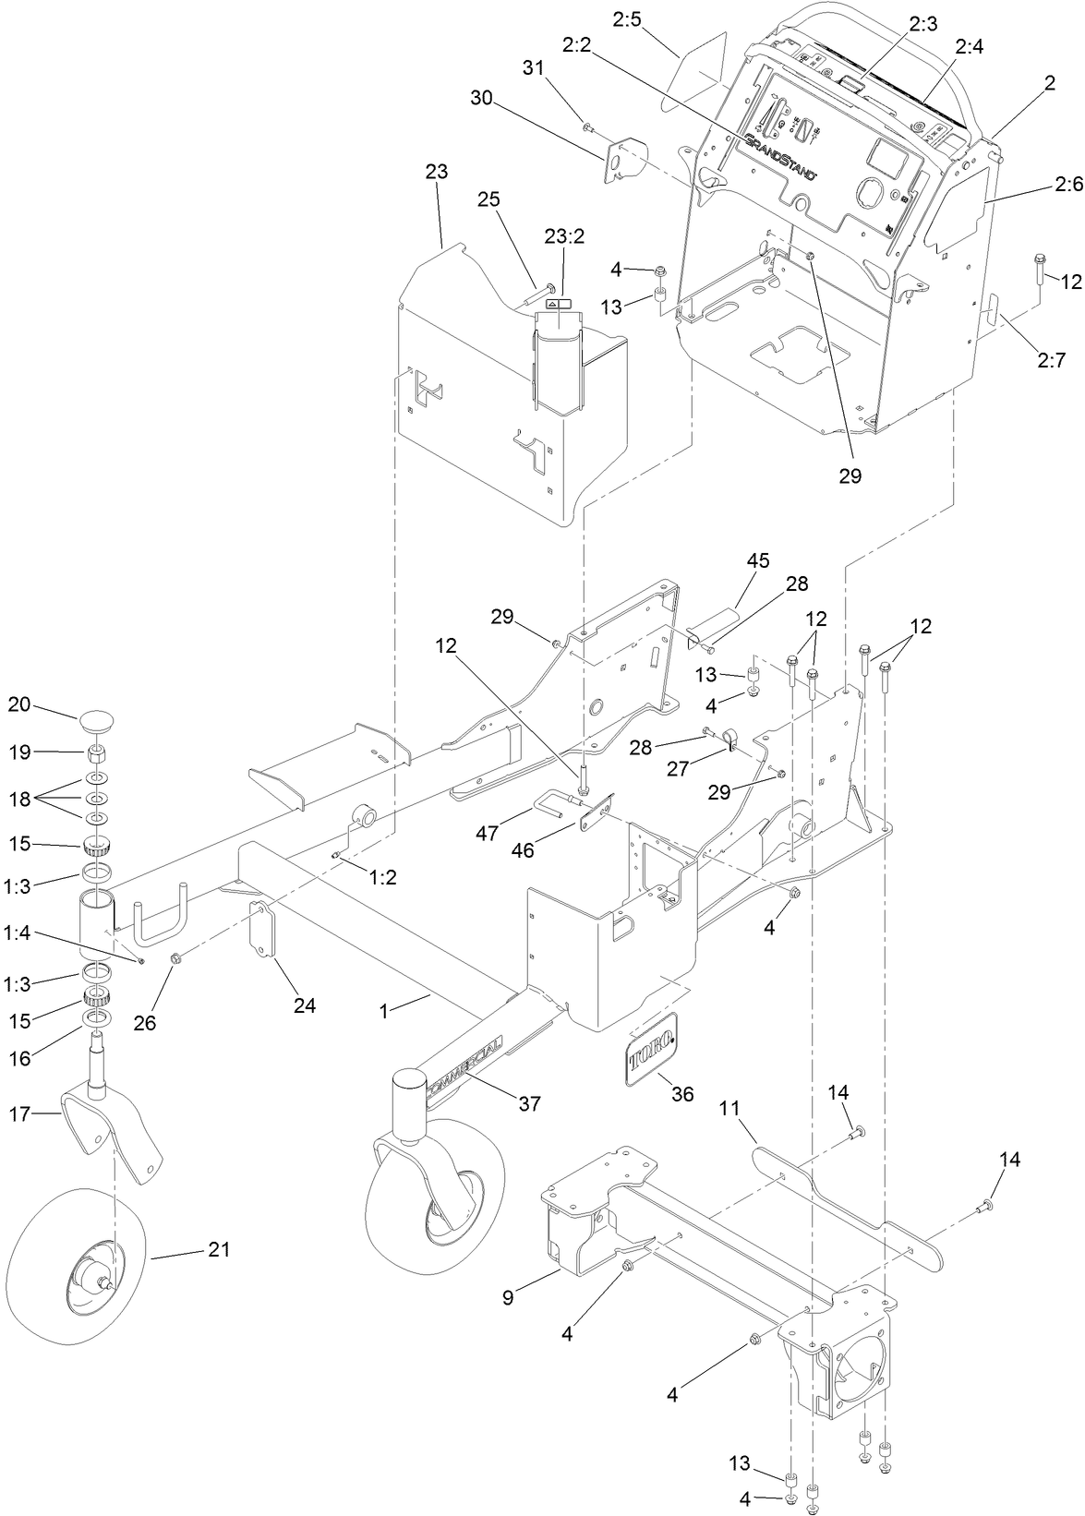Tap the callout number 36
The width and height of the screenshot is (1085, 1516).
[x=681, y=1093]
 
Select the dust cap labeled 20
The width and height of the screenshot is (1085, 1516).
[x=97, y=719]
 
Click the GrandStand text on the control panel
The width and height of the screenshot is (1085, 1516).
[x=781, y=153]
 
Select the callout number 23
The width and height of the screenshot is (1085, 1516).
[x=437, y=171]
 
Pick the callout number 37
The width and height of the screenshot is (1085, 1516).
[x=530, y=1102]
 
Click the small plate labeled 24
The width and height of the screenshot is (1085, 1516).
[x=264, y=932]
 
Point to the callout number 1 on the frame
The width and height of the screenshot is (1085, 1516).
[x=383, y=1010]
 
